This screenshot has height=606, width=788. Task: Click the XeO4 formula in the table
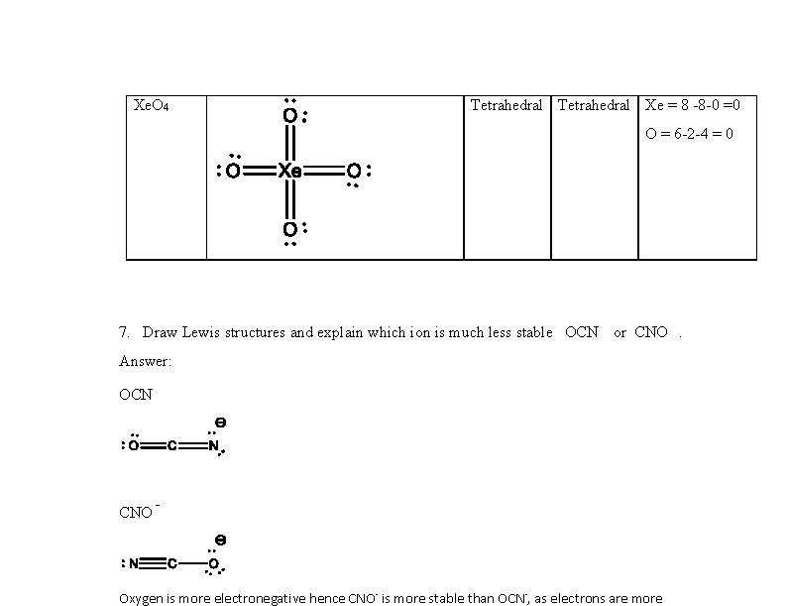click(151, 106)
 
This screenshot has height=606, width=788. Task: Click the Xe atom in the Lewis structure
click(289, 172)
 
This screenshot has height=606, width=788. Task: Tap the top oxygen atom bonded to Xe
click(289, 116)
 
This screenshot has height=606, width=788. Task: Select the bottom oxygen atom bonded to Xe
click(289, 230)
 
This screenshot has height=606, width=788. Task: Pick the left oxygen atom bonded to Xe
click(233, 172)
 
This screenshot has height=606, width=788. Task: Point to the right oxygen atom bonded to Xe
click(353, 172)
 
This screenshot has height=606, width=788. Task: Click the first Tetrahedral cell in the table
click(506, 105)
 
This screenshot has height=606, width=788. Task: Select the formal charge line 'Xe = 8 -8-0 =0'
click(693, 105)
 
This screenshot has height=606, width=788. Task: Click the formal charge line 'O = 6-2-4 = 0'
click(689, 134)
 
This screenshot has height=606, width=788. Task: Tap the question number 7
click(123, 332)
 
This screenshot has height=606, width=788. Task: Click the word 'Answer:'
click(145, 361)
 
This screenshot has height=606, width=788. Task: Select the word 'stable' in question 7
click(534, 332)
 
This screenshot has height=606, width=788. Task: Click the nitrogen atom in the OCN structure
click(213, 445)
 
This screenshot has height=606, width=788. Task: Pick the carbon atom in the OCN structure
click(171, 446)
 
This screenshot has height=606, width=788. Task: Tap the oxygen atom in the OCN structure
click(133, 446)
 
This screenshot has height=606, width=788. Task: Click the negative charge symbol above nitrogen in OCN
click(220, 423)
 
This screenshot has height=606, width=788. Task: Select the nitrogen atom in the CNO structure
click(134, 564)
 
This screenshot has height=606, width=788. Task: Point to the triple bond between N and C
click(153, 564)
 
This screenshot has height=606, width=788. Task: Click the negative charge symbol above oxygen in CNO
click(220, 541)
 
